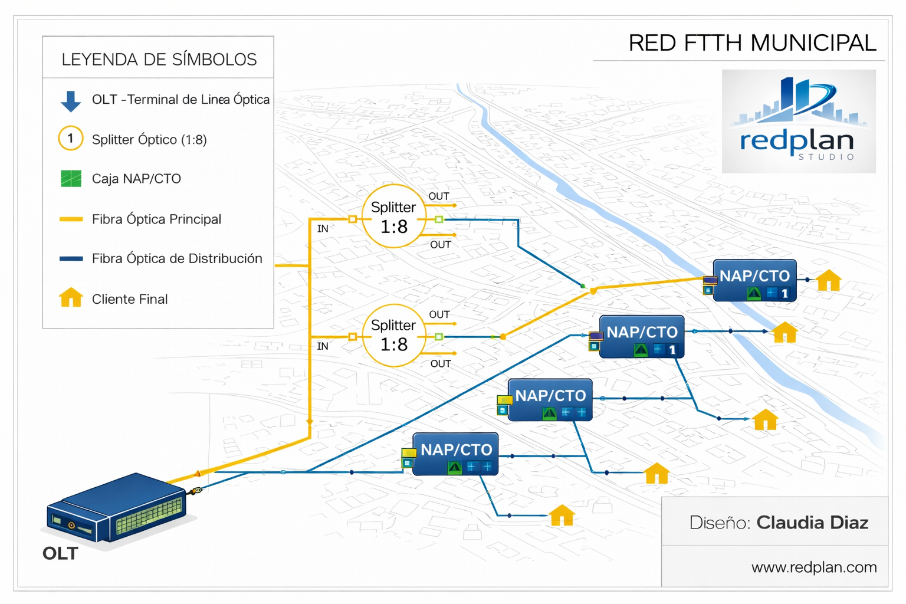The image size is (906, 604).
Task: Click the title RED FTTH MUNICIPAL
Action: pyautogui.click(x=752, y=43)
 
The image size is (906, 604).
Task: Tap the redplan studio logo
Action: pyautogui.click(x=798, y=122)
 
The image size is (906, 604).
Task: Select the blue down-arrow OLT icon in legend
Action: pyautogui.click(x=71, y=101)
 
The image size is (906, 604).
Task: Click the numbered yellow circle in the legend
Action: pyautogui.click(x=71, y=139)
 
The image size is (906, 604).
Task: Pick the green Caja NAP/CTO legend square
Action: pyautogui.click(x=71, y=178)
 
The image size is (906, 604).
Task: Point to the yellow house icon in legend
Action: pyautogui.click(x=71, y=297)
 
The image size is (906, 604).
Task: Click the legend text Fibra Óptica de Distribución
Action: pyautogui.click(x=176, y=258)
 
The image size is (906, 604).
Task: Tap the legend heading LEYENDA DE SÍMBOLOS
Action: pyautogui.click(x=159, y=60)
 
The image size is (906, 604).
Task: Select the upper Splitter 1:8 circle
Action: pyautogui.click(x=393, y=216)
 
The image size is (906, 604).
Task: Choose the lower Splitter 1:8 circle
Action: pyautogui.click(x=393, y=335)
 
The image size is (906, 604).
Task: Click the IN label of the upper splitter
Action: pyautogui.click(x=323, y=229)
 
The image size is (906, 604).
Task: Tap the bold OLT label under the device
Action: pyautogui.click(x=60, y=553)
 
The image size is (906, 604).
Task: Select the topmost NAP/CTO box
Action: pyautogui.click(x=754, y=280)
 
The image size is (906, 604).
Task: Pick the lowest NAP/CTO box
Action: pyautogui.click(x=455, y=454)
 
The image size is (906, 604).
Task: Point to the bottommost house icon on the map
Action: pyautogui.click(x=562, y=516)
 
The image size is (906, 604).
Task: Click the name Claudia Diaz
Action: pyautogui.click(x=812, y=523)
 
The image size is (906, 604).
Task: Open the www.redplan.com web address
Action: pyautogui.click(x=813, y=567)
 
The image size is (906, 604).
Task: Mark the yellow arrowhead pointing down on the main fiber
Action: pyautogui.click(x=310, y=422)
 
